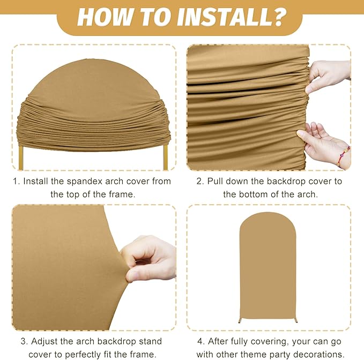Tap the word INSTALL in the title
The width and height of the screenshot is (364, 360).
click(x=221, y=17)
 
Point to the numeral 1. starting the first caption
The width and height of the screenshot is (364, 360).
click(x=17, y=182)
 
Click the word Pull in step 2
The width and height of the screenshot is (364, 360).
click(x=215, y=181)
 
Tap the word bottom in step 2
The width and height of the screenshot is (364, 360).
click(x=252, y=194)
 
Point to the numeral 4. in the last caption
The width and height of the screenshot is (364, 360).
click(x=201, y=341)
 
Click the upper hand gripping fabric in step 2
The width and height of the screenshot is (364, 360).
click(x=328, y=76)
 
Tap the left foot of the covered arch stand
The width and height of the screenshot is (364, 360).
click(x=240, y=321)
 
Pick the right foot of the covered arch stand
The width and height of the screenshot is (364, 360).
click(x=296, y=320)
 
